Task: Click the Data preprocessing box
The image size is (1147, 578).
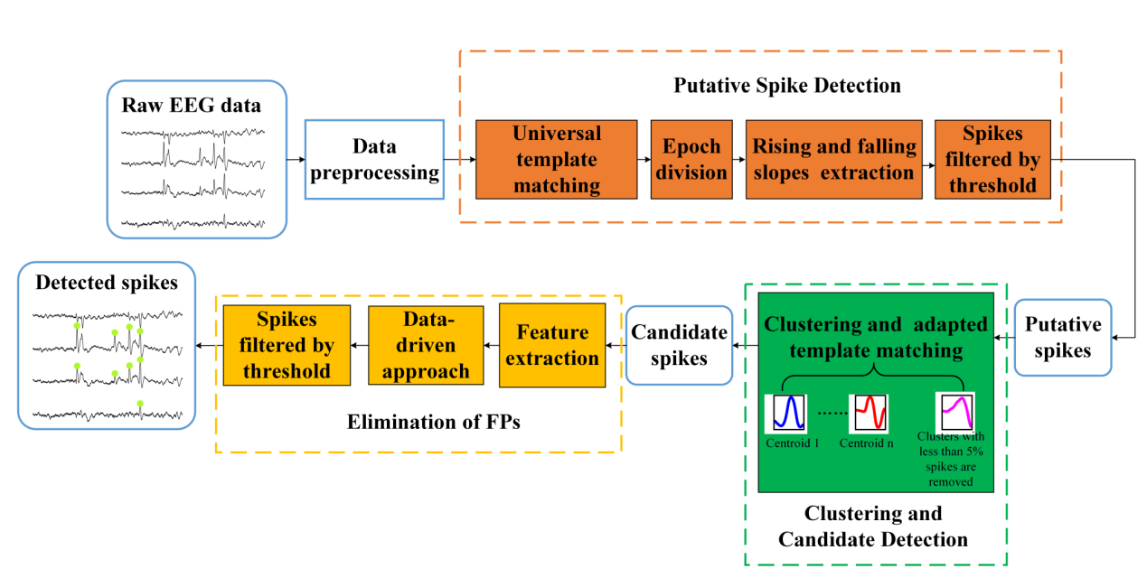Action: click(x=374, y=160)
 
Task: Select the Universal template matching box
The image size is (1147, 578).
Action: click(x=557, y=160)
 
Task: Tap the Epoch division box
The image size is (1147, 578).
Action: click(x=691, y=160)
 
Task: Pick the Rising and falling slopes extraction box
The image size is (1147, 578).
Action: click(x=834, y=160)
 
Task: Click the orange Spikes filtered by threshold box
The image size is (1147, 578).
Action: click(x=992, y=160)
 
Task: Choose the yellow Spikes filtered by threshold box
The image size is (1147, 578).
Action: click(x=287, y=345)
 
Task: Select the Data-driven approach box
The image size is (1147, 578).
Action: click(x=426, y=345)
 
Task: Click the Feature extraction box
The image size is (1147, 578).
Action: click(x=552, y=345)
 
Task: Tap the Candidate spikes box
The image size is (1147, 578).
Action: click(x=680, y=345)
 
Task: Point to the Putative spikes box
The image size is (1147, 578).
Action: click(x=1063, y=338)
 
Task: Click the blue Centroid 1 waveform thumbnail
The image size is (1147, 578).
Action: click(x=788, y=412)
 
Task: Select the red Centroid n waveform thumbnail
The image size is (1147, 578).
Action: click(x=870, y=412)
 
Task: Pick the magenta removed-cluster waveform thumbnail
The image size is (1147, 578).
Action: click(x=956, y=412)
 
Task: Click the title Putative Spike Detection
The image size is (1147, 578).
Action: click(x=787, y=86)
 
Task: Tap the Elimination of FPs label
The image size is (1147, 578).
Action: click(x=434, y=422)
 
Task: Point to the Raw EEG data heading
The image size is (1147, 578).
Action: click(x=192, y=106)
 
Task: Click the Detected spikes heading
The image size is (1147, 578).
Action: click(x=107, y=283)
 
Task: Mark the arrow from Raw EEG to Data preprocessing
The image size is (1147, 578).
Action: click(x=296, y=160)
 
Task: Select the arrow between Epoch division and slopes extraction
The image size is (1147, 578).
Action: click(x=738, y=160)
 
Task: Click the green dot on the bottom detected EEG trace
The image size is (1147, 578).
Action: click(x=140, y=404)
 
